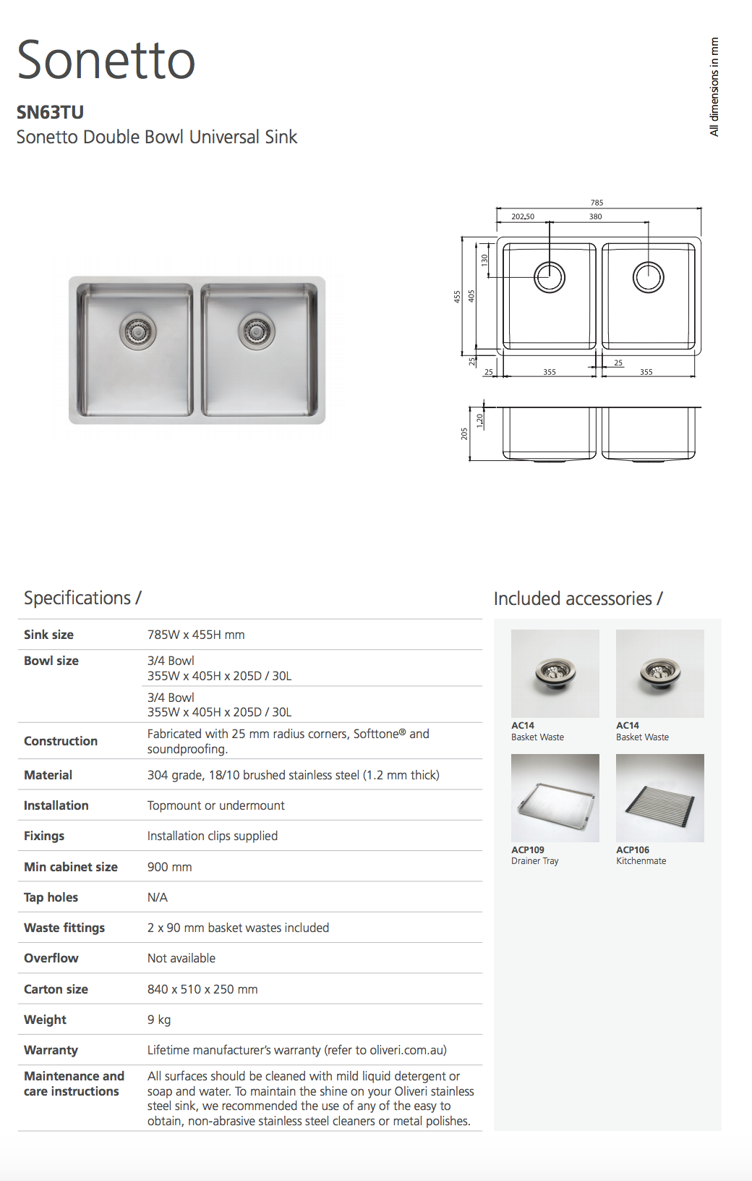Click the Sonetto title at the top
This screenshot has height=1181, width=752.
pos(106,60)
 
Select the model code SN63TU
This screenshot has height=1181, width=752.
pos(50,112)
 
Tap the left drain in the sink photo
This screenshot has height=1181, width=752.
pos(137,331)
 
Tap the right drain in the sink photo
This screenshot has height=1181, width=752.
pos(256,331)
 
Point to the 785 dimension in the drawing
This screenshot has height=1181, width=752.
pos(597,203)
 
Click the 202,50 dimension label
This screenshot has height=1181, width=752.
pos(523,216)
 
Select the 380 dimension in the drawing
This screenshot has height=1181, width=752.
pos(595,216)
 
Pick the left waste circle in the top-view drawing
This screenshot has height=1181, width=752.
pos(550,277)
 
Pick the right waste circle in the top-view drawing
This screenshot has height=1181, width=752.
pos(648,277)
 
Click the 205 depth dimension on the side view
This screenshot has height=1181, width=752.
pos(464,433)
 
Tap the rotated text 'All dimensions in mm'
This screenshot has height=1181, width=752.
pos(714,87)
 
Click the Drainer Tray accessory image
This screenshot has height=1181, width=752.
pos(555,797)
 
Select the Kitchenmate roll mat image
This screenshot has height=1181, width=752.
pos(659,797)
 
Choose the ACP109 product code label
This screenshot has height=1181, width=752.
pos(528,850)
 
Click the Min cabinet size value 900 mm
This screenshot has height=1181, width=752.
pos(170,867)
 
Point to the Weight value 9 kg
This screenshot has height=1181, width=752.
pos(159,1020)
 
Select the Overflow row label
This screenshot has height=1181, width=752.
pos(51,958)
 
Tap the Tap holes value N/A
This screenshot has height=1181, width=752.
pos(158,897)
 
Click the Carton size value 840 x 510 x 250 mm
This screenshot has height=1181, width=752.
pos(202,989)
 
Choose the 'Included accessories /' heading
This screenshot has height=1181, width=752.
pos(578,598)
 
